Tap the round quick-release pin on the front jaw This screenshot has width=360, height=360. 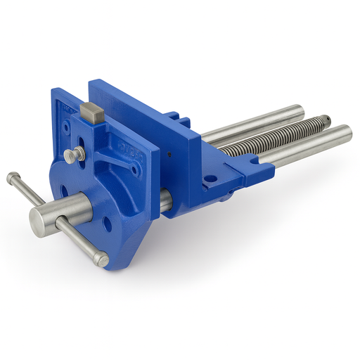pyautogui.click(x=70, y=154)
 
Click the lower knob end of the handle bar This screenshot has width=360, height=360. pyautogui.click(x=102, y=260)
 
